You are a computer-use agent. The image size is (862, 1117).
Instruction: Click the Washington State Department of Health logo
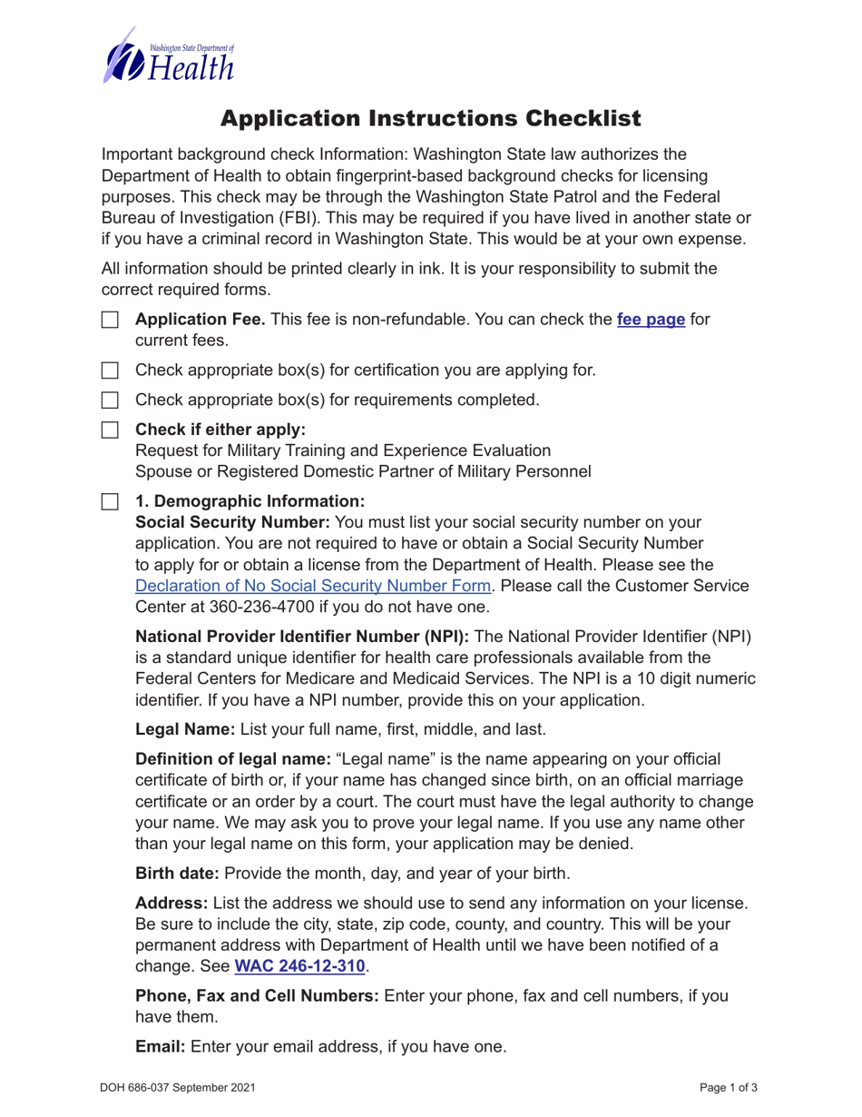[169, 56]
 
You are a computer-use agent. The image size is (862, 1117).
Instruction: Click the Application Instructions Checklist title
[431, 118]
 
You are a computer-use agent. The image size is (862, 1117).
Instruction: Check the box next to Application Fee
[110, 321]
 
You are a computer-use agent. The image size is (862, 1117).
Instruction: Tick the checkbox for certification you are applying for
[110, 371]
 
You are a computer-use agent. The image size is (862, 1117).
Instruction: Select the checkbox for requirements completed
[110, 400]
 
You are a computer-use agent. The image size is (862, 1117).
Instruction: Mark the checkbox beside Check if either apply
[110, 430]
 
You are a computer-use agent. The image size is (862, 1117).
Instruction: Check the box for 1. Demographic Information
[110, 501]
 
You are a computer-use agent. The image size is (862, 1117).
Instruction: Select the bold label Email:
[161, 1047]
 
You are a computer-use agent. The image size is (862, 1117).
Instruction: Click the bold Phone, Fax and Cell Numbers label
[257, 996]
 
